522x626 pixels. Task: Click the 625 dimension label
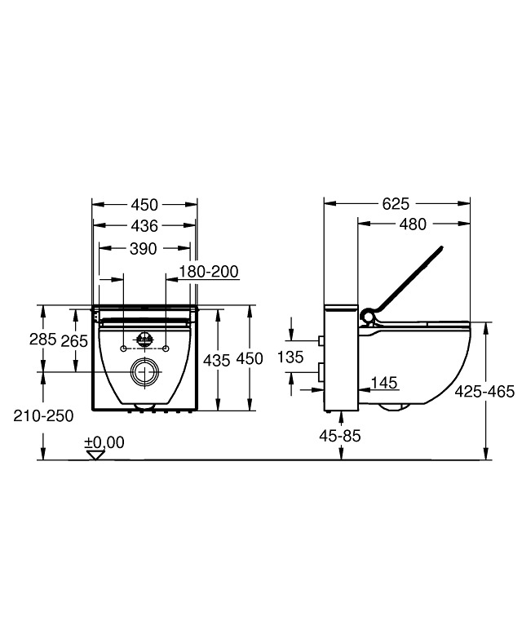pyautogui.click(x=396, y=204)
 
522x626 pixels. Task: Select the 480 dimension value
pyautogui.click(x=413, y=224)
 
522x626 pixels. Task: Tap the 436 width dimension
pyautogui.click(x=144, y=226)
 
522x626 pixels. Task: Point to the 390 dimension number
pyautogui.click(x=144, y=249)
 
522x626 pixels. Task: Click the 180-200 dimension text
pyautogui.click(x=208, y=272)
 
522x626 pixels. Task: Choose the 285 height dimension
pyautogui.click(x=42, y=340)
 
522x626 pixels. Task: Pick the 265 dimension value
pyautogui.click(x=74, y=341)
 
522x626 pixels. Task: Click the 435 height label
pyautogui.click(x=217, y=361)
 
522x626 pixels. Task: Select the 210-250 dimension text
pyautogui.click(x=43, y=416)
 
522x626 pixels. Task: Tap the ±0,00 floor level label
pyautogui.click(x=104, y=442)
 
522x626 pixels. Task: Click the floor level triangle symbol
pyautogui.click(x=95, y=455)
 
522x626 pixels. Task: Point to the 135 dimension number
pyautogui.click(x=290, y=357)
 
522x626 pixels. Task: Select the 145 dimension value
pyautogui.click(x=384, y=383)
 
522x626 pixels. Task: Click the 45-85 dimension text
pyautogui.click(x=340, y=436)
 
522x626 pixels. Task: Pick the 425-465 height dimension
pyautogui.click(x=484, y=392)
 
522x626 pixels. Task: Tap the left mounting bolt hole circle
pyautogui.click(x=124, y=349)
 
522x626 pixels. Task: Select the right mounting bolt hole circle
pyautogui.click(x=166, y=349)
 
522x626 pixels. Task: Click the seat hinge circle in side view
pyautogui.click(x=367, y=317)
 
